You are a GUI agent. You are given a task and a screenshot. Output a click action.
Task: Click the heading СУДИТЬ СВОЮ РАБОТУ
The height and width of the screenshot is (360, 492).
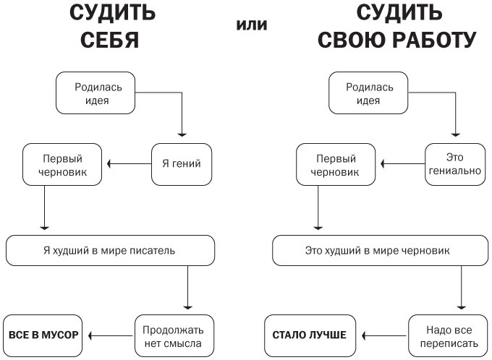397,27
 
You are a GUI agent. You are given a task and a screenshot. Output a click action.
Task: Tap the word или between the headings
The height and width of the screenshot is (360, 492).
251,25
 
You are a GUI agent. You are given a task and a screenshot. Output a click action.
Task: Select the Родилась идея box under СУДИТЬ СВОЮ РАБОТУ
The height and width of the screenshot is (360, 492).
370,93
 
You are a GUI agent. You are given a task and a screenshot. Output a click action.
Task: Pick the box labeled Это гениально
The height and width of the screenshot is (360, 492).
454,164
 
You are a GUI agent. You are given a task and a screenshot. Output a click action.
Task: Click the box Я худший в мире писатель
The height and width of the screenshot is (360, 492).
110,250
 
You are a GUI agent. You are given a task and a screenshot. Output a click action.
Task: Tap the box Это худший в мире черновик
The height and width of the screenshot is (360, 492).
377,250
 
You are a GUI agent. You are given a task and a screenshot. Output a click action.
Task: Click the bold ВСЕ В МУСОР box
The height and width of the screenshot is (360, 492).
43,335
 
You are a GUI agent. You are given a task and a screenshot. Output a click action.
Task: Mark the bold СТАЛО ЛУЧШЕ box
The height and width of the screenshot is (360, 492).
310,335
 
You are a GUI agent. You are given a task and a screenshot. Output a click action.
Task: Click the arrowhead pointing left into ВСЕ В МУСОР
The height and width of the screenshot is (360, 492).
92,335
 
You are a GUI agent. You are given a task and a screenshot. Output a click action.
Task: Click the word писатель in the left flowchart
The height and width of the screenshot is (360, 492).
156,250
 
